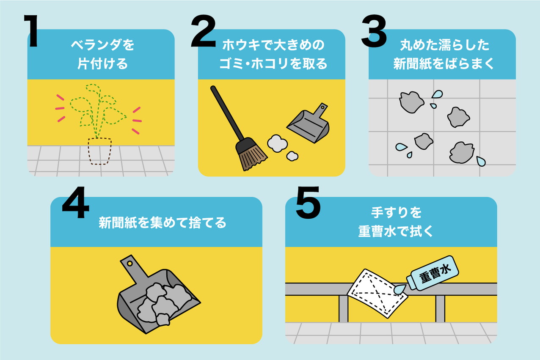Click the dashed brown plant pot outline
click(x=100, y=151)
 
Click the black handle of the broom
click(x=227, y=114)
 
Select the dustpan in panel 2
click(x=309, y=125)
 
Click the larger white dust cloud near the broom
click(x=277, y=144)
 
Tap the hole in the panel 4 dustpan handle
click(x=129, y=264)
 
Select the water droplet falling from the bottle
click(x=399, y=289)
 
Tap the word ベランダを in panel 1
click(x=102, y=45)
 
